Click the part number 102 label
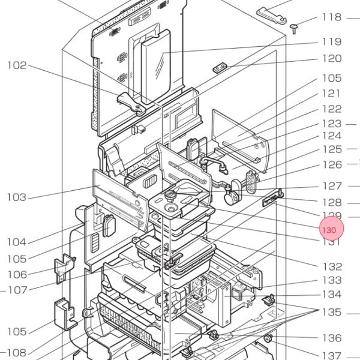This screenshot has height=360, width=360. point(17,65)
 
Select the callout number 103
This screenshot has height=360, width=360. point(17,197)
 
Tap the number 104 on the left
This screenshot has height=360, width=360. point(17,242)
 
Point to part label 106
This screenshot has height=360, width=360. point(17,274)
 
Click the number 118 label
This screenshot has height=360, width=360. point(331,17)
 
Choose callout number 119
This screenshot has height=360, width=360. point(331,41)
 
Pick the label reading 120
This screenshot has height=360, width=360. point(331,58)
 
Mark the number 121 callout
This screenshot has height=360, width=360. point(331,93)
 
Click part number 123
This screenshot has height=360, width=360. point(331,124)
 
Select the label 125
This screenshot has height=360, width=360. point(331,149)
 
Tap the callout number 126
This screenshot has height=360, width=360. point(331,164)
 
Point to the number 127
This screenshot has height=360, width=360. point(331,186)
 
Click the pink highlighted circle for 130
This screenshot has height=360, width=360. point(331,230)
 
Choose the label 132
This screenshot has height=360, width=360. point(331,266)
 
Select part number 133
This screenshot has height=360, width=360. point(331,280)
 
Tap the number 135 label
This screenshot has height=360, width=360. point(331,312)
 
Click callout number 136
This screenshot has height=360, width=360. point(331,338)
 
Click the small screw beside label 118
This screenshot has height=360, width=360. point(295,28)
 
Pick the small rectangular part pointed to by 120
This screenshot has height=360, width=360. point(220,67)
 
